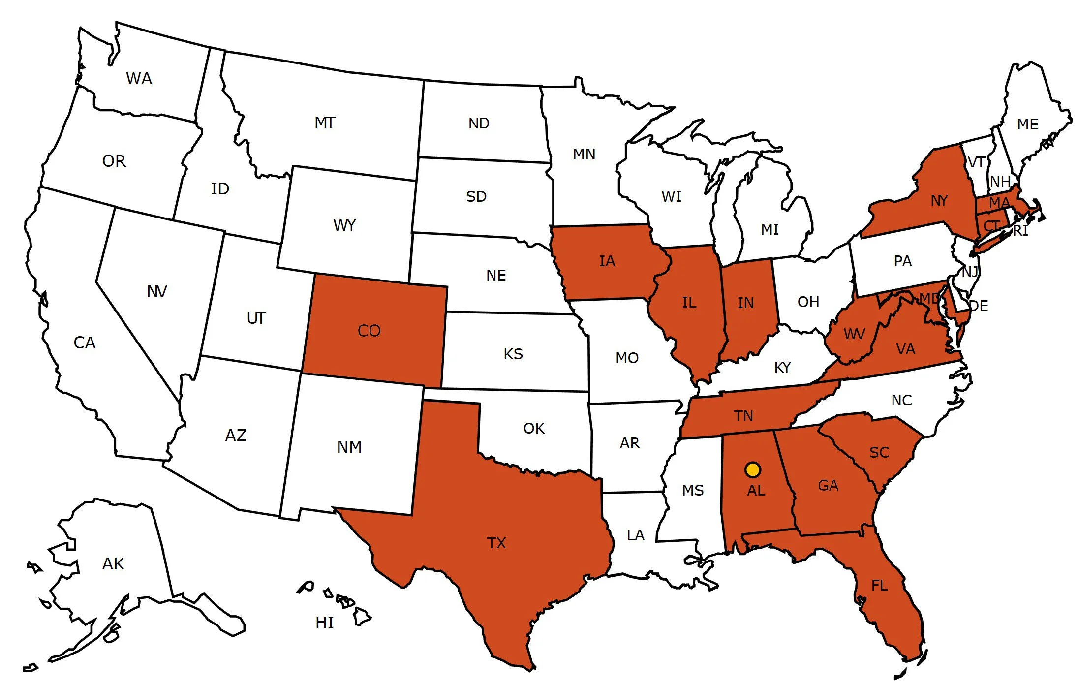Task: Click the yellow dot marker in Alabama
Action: [753, 469]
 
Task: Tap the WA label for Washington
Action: [139, 79]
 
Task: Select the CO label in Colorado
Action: [369, 331]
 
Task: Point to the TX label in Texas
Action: [496, 543]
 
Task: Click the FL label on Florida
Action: [879, 585]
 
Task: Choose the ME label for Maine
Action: [1028, 124]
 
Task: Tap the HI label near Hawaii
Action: [325, 623]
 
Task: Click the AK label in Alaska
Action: [113, 563]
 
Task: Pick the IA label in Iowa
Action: [607, 261]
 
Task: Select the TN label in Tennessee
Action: [743, 416]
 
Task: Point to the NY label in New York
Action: [939, 201]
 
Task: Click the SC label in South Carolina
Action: [879, 452]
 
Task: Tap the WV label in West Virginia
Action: [854, 334]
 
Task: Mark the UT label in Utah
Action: [256, 318]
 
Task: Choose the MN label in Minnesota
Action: [584, 155]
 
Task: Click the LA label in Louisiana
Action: [636, 535]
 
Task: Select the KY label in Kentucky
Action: [782, 367]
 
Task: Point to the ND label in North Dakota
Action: [479, 123]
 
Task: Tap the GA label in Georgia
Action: [828, 486]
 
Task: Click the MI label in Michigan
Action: [770, 229]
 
